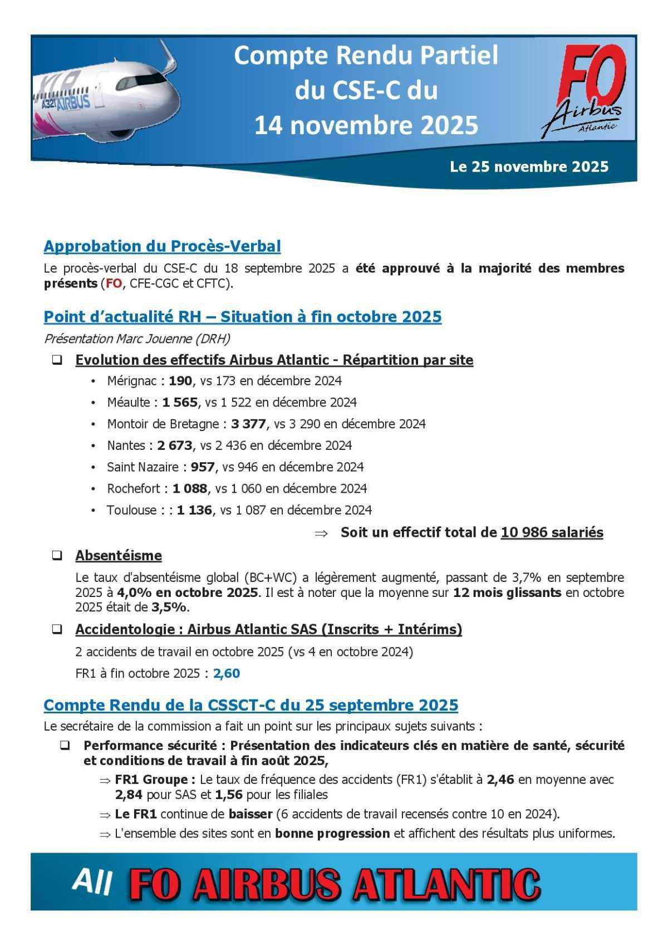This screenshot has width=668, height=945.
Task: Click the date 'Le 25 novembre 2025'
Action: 529,167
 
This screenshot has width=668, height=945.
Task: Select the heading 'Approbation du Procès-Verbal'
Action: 162,246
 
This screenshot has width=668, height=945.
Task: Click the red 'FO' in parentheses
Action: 113,283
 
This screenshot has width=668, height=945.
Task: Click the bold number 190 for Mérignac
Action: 180,381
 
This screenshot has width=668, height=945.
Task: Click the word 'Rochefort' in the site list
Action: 134,488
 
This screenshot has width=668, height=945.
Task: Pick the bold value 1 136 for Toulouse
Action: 194,510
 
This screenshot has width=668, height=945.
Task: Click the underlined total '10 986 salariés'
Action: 552,532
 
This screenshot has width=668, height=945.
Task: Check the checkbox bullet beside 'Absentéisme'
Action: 57,555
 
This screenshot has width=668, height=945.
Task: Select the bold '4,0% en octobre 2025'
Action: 188,593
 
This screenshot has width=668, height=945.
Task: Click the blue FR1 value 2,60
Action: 227,673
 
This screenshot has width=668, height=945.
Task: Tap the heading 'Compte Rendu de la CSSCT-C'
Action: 250,705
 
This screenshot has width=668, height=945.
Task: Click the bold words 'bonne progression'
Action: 332,834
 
